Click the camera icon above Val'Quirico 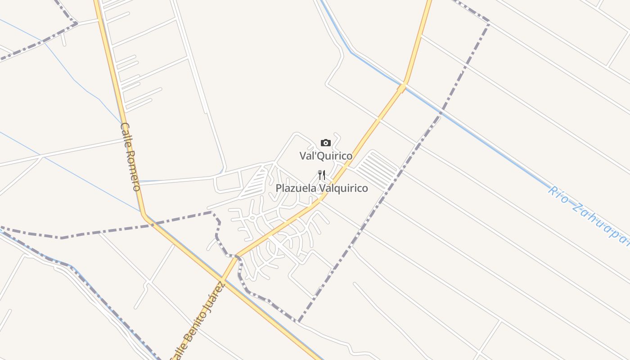pos(326,143)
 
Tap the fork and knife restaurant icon pos(322,175)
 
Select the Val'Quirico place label pos(326,156)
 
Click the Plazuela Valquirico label pos(322,188)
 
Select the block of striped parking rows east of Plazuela pos(377,170)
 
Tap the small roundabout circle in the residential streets pos(252,218)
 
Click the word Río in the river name pos(558,195)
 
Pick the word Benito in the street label pos(197,324)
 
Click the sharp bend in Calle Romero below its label pos(144,216)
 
